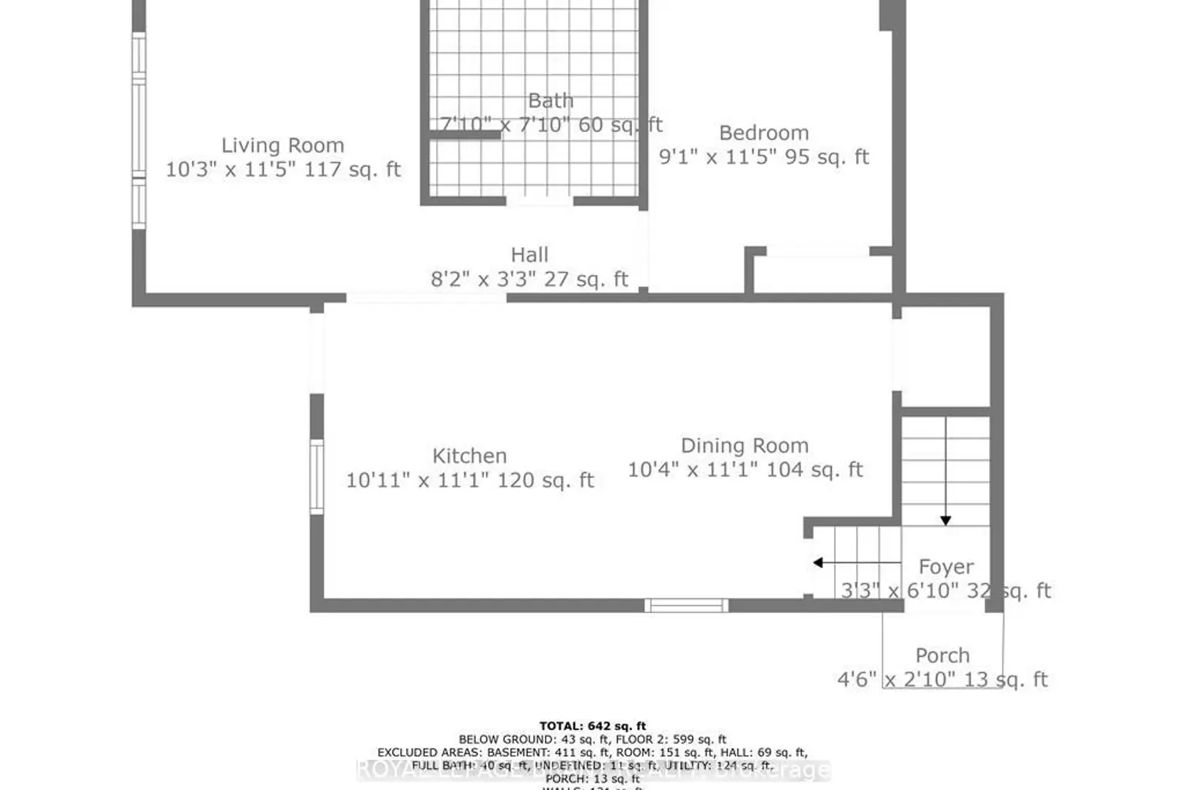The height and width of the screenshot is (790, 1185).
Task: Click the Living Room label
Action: tap(282, 145)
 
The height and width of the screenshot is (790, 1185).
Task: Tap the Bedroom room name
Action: tap(763, 133)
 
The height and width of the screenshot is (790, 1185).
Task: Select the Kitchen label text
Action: tap(469, 456)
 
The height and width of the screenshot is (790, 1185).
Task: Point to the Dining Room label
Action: tap(744, 446)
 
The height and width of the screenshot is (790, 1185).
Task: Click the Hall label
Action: tap(529, 255)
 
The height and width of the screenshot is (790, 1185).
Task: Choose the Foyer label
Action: tap(946, 566)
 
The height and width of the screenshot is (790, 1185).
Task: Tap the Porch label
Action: tap(942, 656)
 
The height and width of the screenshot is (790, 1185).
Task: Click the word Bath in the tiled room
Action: tap(551, 101)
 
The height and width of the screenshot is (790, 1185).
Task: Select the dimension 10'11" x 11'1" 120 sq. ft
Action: tap(469, 480)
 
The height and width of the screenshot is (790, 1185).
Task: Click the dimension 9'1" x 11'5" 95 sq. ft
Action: tap(763, 157)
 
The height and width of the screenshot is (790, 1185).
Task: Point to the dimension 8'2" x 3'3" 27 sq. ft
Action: tap(529, 280)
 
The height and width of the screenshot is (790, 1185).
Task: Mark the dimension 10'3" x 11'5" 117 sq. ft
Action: tap(282, 170)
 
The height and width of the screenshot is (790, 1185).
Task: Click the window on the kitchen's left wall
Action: tap(316, 476)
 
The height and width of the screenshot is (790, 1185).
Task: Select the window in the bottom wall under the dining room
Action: tap(686, 606)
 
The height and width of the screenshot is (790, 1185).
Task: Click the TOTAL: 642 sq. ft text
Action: tap(592, 726)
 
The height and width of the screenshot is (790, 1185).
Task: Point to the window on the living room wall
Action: tap(139, 130)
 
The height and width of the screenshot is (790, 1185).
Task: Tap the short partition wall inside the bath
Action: tap(465, 135)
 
